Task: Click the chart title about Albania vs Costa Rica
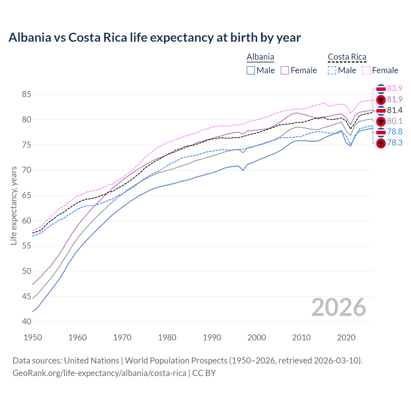coord(154,38)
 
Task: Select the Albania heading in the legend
coord(260,57)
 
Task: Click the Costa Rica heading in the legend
coord(347,57)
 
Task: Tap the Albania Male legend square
coord(251,70)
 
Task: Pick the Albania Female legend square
coord(285,70)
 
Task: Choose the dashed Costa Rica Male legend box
coord(332,70)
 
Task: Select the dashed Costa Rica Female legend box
coord(366,70)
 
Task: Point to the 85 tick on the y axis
coord(26,94)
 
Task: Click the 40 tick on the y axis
coord(26,321)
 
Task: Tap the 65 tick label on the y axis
coord(26,195)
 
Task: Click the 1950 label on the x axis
coord(33,337)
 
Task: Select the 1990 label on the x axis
coord(212,337)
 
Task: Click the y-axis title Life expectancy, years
coord(14,205)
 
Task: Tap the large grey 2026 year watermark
coord(338,307)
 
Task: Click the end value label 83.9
coord(395,88)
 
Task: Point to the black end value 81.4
coord(395,110)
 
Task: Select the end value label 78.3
coord(395,143)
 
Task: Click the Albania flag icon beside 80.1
coord(381,121)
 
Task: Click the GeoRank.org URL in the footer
coord(99,373)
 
